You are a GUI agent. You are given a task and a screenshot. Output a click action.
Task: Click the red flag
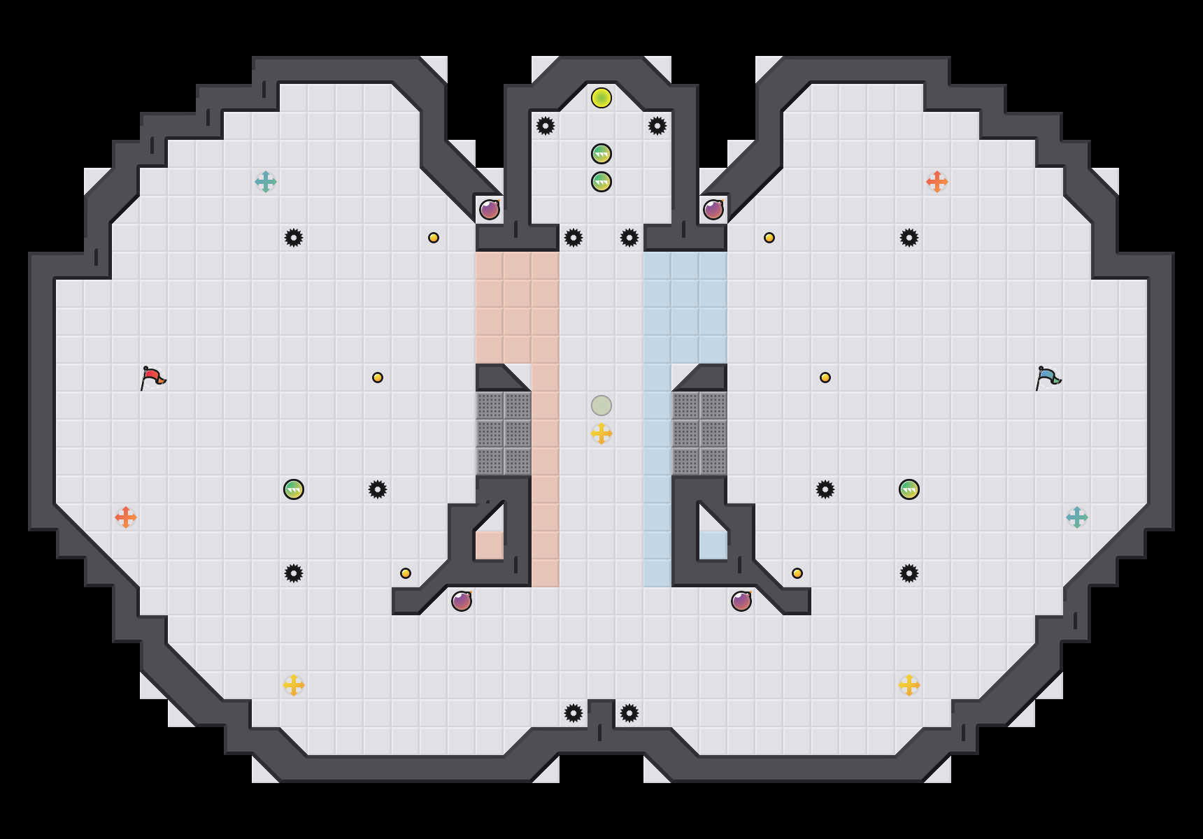point(152,378)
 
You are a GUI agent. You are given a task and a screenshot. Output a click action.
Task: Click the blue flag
point(1048,378)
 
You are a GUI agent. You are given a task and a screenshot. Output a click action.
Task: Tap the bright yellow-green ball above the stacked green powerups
point(601,98)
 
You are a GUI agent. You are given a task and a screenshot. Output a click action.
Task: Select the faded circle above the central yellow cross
point(601,406)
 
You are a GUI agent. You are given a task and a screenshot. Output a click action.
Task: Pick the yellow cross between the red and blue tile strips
point(601,433)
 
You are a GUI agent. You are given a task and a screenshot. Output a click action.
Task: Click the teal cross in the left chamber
point(266,182)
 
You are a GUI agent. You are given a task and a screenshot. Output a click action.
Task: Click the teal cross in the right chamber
point(1077,517)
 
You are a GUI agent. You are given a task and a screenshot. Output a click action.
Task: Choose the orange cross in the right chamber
point(937,182)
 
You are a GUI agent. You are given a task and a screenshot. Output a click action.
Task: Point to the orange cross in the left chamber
point(126,517)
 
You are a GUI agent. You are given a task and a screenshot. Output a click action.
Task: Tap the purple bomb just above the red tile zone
point(490,210)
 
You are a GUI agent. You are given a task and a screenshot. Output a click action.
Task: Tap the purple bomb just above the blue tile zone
point(713,210)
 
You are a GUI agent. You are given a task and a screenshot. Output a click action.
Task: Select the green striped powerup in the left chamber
point(294,489)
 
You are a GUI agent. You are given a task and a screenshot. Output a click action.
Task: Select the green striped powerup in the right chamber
point(909,489)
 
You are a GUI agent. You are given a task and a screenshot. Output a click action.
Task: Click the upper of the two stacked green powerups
point(601,154)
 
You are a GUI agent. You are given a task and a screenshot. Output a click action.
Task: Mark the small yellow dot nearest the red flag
point(378,378)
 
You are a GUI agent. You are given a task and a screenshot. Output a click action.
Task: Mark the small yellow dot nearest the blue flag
point(825,378)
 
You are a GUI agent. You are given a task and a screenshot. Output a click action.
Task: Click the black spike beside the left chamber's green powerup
point(378,489)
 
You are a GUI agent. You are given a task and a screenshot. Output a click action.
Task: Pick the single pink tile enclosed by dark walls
point(490,545)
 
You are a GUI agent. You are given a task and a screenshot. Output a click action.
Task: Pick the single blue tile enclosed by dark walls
point(713,545)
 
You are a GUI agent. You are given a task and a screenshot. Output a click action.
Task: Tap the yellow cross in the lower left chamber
point(294,685)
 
